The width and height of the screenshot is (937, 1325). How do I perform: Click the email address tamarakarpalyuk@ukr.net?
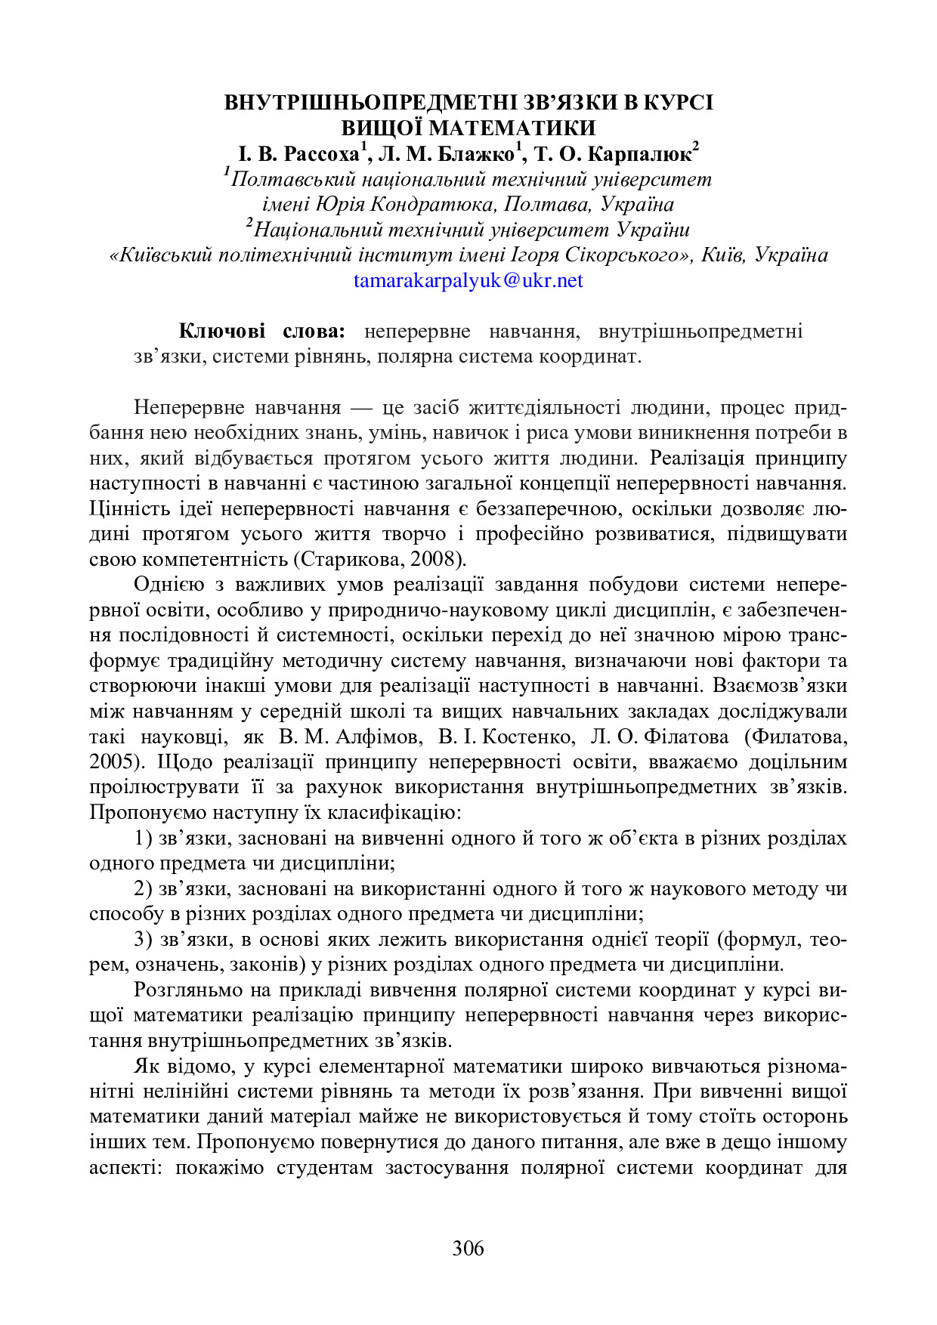468,281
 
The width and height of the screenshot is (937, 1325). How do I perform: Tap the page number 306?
468,1248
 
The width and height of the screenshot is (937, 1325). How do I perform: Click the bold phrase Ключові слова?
261,331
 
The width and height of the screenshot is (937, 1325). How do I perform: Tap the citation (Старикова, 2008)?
379,560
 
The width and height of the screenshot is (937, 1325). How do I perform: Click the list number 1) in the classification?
144,839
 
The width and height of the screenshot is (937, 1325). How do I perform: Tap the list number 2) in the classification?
144,889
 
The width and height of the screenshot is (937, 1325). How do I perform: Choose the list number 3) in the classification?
144,940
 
